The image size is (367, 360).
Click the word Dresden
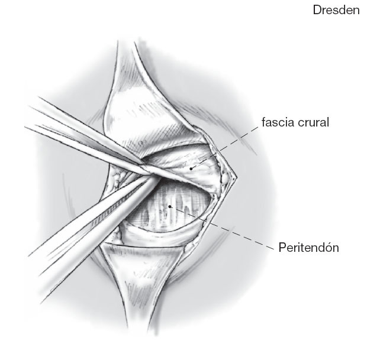tap(336, 10)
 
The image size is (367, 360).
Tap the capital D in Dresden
tap(317, 10)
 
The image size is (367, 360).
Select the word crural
tap(313, 123)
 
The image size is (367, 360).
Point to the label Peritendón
tap(308, 248)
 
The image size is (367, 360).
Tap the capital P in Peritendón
tap(282, 248)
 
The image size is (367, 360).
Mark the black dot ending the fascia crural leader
tap(191, 168)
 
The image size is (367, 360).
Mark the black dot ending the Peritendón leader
tap(170, 206)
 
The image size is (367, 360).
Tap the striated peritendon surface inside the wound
tap(178, 213)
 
